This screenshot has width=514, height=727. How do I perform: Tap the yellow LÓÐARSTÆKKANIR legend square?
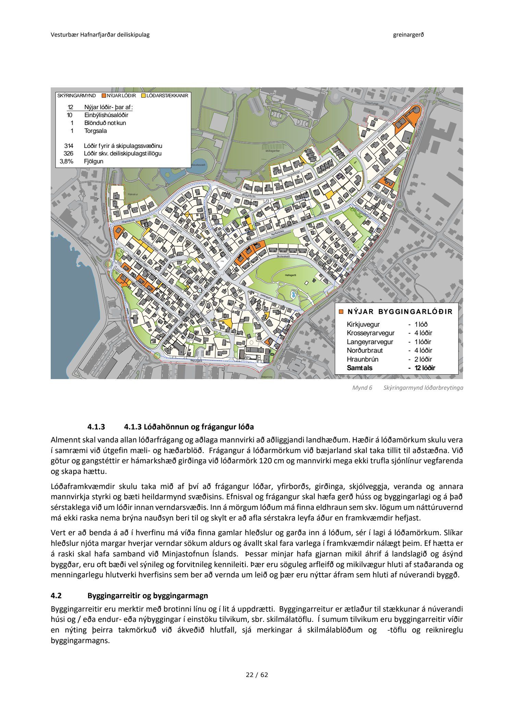point(144,96)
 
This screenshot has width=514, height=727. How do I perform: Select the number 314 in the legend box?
point(69,146)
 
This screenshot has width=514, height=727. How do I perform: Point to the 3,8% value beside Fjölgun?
point(66,161)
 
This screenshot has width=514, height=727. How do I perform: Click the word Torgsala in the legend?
point(96,131)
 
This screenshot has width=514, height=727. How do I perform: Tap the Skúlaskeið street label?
point(283,256)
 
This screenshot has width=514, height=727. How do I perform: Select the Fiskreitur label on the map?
point(133,194)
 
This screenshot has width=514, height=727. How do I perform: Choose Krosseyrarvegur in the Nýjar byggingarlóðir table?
point(370,333)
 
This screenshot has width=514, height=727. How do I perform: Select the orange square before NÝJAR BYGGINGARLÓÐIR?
point(341,312)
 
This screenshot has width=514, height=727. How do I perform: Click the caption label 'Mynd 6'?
point(362,388)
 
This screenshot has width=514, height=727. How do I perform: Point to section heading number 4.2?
point(56,596)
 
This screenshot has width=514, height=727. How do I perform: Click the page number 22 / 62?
point(257,675)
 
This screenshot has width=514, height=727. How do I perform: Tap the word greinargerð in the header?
point(408,35)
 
